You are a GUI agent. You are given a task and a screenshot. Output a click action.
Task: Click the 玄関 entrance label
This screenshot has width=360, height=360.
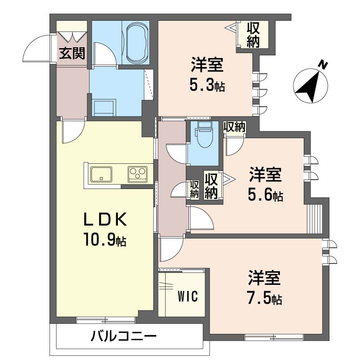(72, 54)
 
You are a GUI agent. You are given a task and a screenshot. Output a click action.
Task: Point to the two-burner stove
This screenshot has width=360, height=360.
(138, 174)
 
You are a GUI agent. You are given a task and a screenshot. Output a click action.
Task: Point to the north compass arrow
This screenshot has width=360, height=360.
(310, 85)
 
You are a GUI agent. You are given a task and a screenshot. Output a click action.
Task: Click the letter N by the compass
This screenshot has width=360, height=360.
(322, 65)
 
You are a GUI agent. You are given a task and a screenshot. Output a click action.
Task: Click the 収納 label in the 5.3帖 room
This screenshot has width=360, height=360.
(253, 34)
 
